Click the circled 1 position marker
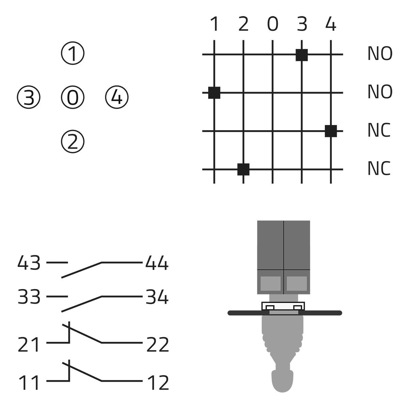tap(73, 54)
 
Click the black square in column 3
tap(302, 55)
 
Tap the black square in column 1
tap(214, 93)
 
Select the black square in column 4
tap(331, 131)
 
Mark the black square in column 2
tap(243, 169)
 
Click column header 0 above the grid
tap(272, 25)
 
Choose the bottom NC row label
tap(379, 169)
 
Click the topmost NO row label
tap(380, 54)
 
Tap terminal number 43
tap(29, 263)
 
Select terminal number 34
tap(157, 297)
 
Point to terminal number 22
tap(157, 345)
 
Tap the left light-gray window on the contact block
tap(270, 284)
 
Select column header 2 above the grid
tap(243, 25)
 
